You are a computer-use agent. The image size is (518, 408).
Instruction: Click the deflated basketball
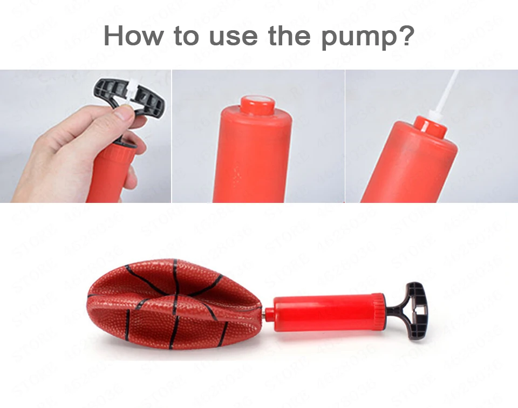(173, 302)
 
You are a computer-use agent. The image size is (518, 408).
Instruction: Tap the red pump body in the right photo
(410, 167)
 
